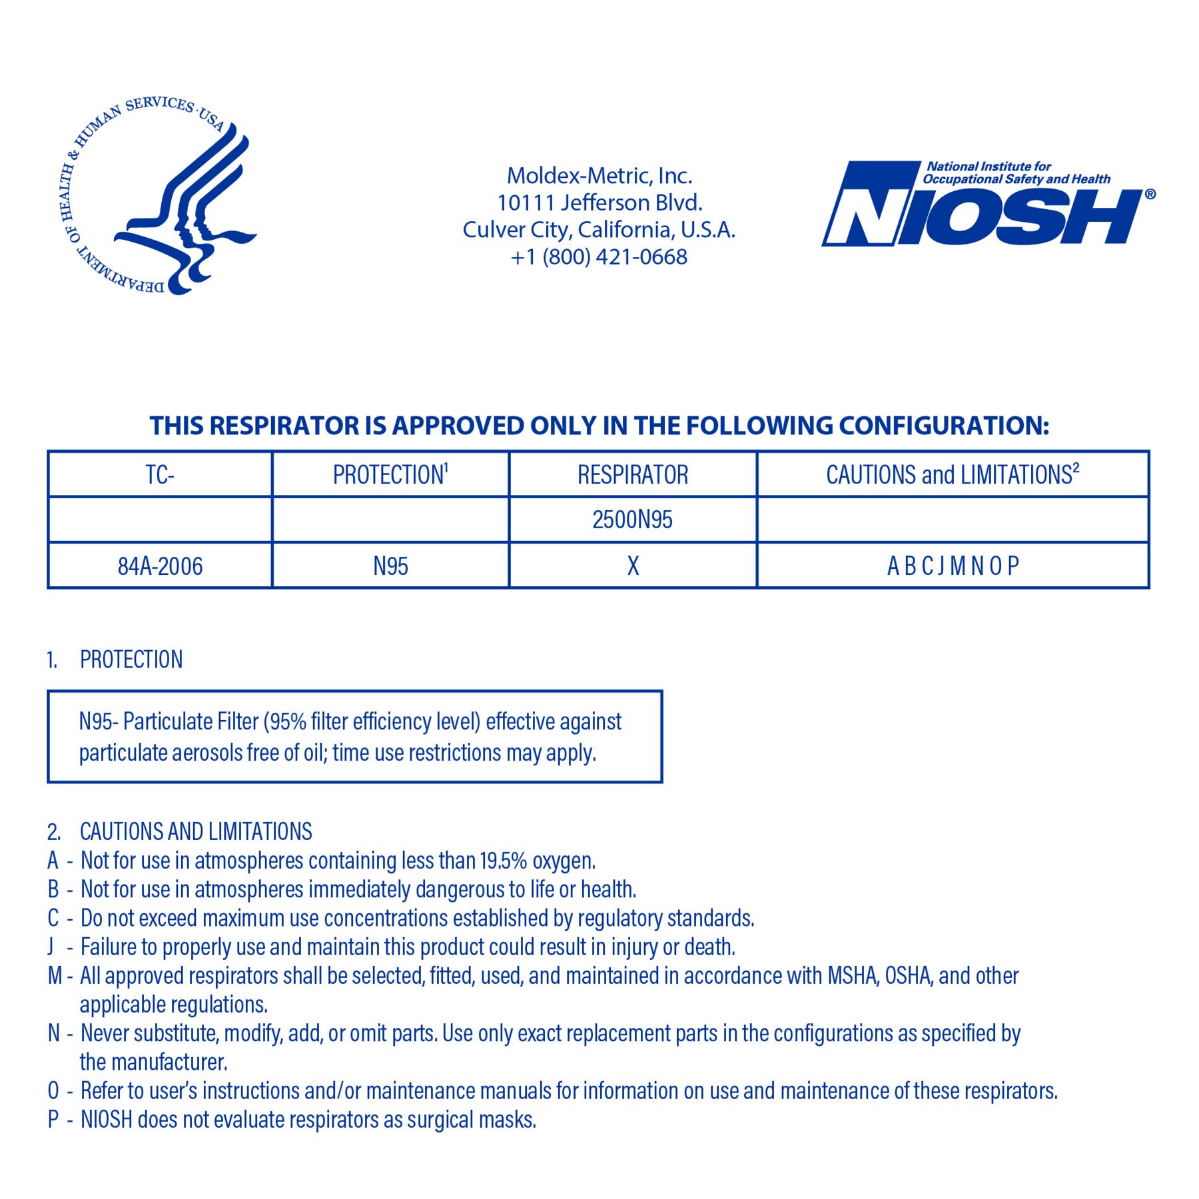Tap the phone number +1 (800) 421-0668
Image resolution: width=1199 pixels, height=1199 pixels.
599,257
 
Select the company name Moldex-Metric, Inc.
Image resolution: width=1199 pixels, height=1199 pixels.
599,176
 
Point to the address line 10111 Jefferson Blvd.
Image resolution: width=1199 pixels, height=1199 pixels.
599,202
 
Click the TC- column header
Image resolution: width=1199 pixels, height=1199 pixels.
160,475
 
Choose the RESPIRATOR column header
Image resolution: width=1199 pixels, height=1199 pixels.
632,475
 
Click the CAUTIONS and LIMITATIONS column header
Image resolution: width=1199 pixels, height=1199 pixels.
951,475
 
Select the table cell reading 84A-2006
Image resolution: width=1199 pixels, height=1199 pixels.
160,566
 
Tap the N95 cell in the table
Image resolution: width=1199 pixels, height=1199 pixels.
390,566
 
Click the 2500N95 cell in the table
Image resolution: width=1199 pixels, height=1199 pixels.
632,520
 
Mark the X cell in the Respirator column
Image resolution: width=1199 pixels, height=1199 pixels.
633,566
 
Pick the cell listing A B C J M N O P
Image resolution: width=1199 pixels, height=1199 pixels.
953,566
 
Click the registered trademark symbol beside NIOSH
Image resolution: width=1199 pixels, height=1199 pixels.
1150,195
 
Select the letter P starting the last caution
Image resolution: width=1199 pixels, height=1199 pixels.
53,1120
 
